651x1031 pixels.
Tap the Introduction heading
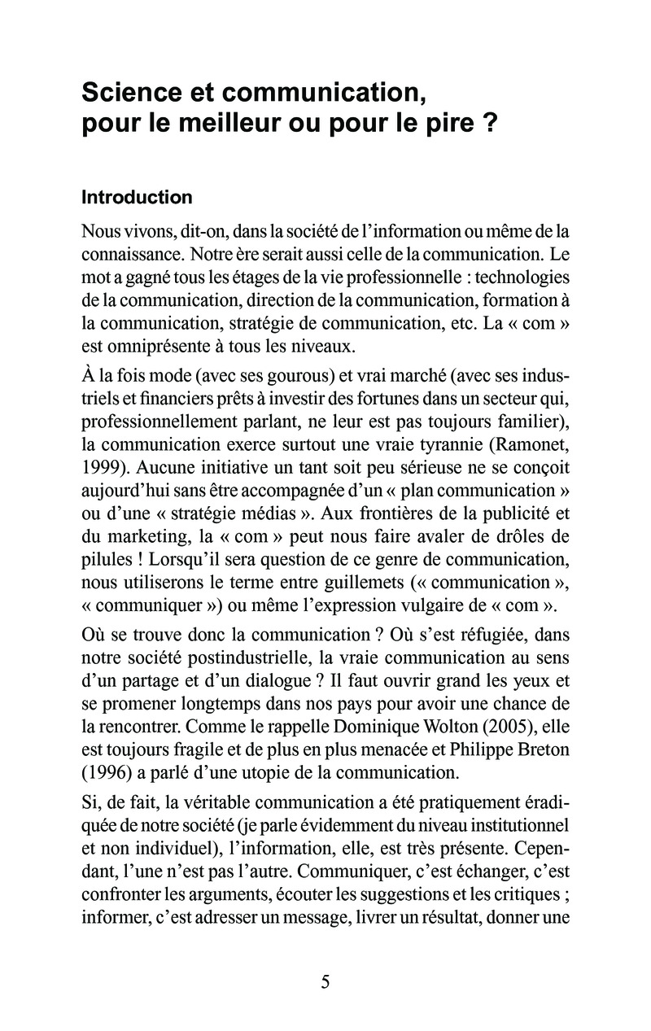(137, 198)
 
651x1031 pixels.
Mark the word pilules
(107, 560)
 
